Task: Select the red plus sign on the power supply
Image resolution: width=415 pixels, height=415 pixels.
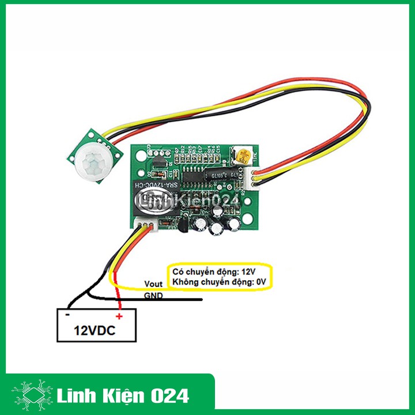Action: click(x=119, y=316)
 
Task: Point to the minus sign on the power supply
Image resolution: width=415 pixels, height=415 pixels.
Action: click(x=67, y=315)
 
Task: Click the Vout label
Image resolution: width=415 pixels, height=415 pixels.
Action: click(x=153, y=284)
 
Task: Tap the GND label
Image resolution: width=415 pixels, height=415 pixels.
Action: click(x=153, y=296)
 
